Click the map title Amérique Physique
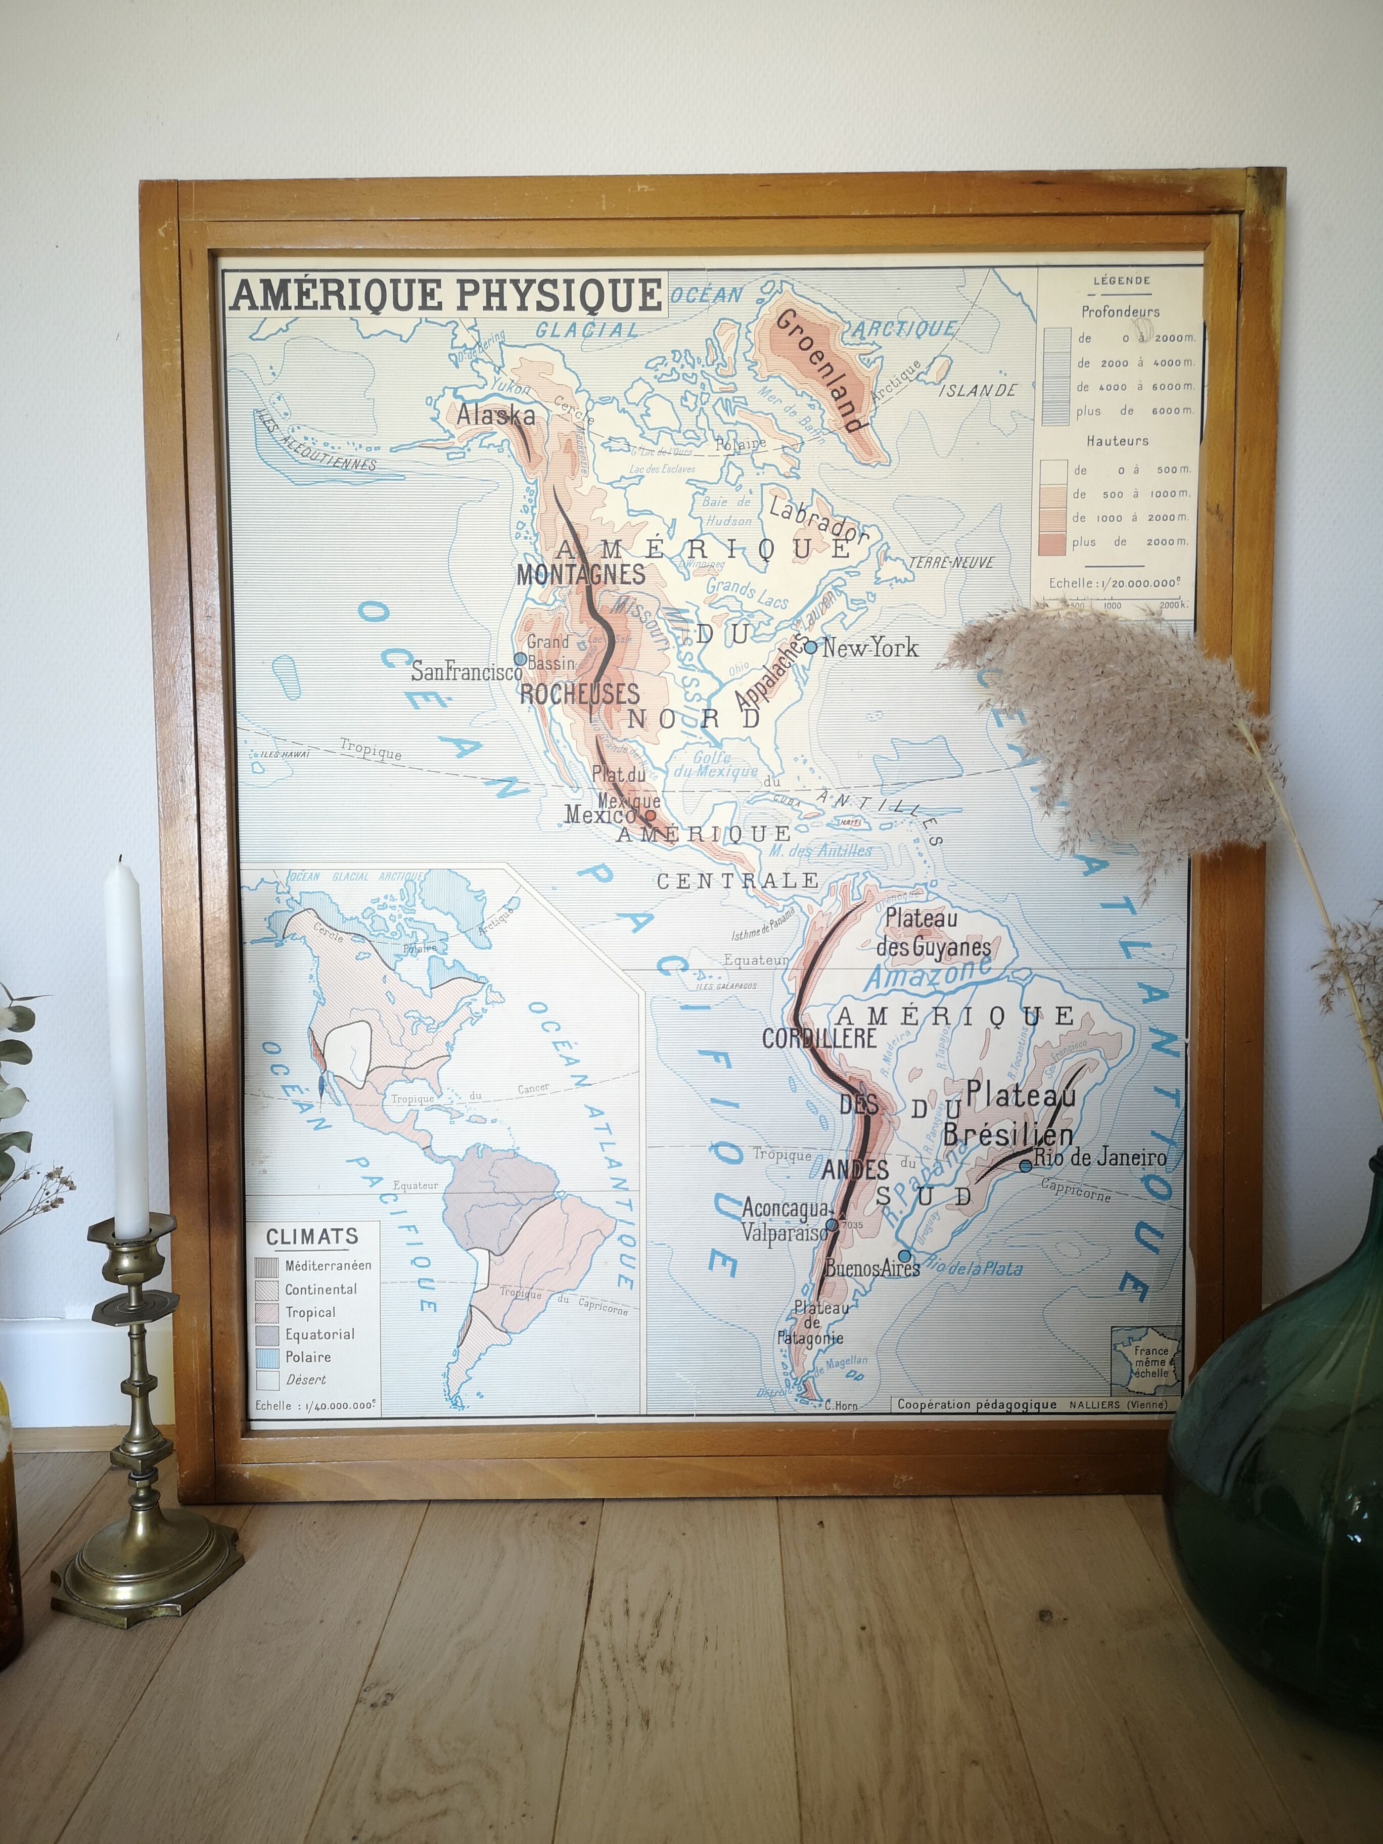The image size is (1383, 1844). (x=446, y=295)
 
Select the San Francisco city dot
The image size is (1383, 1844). (x=520, y=659)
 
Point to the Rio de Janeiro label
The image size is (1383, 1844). (x=1099, y=1157)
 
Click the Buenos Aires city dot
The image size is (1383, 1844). (x=904, y=1256)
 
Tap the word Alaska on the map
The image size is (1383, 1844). (x=495, y=414)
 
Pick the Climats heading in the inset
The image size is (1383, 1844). (x=311, y=1236)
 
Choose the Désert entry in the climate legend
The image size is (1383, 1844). (x=305, y=1379)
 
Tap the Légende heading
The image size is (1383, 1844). (x=1121, y=281)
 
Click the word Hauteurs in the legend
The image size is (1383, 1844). (x=1117, y=440)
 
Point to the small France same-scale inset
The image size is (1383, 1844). (x=1147, y=1361)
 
